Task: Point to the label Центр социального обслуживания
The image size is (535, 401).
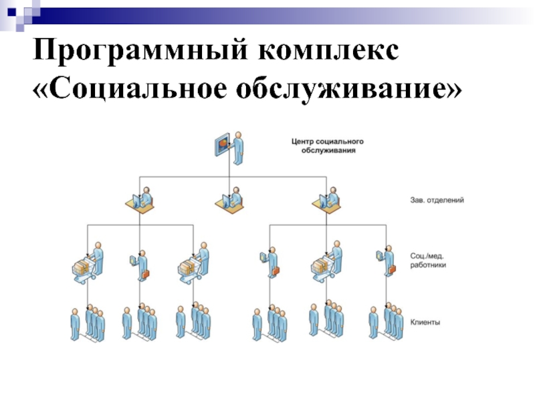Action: (x=327, y=146)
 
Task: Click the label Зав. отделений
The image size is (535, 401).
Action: (x=437, y=199)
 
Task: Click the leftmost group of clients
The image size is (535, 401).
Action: (x=88, y=323)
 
